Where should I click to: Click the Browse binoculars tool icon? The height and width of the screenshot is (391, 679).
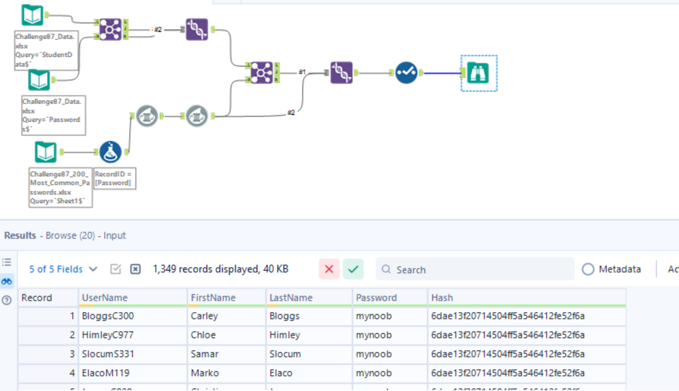tap(478, 73)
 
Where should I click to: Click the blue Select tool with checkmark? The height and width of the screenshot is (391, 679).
tap(406, 73)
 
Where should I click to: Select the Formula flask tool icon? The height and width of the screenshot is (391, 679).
tap(110, 152)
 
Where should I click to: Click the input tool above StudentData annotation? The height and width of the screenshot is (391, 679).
tap(32, 16)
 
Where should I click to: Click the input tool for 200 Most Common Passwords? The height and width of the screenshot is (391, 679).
tap(46, 152)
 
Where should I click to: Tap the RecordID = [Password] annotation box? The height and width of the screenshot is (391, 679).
tap(115, 178)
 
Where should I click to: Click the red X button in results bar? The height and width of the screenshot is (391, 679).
tap(329, 269)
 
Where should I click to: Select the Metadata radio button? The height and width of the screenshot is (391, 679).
tap(588, 269)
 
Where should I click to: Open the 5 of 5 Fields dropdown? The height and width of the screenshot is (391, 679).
tap(63, 269)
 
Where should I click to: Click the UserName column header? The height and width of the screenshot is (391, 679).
tap(105, 298)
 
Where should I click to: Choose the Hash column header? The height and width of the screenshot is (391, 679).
tap(442, 298)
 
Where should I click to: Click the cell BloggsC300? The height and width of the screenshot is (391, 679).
tap(108, 316)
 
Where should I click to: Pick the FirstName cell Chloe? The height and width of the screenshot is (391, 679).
tap(203, 335)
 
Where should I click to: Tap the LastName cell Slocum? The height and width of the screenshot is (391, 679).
tap(285, 354)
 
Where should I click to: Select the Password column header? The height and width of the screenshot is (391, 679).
tap(376, 298)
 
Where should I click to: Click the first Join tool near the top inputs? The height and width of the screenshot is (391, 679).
tap(111, 28)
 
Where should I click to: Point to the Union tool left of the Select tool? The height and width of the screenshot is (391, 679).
tap(341, 73)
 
